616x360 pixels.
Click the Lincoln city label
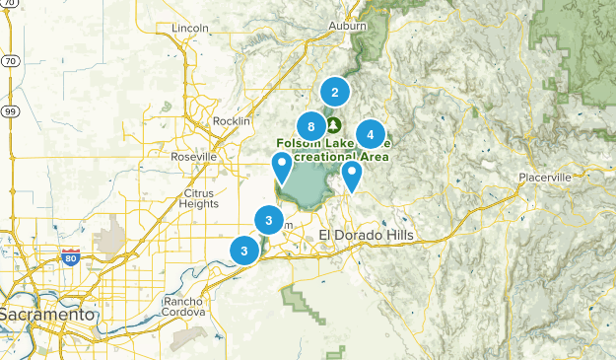pyautogui.click(x=190, y=28)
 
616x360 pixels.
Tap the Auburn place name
pyautogui.click(x=348, y=25)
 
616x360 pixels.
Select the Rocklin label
pyautogui.click(x=232, y=121)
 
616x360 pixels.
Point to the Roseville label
pyautogui.click(x=193, y=157)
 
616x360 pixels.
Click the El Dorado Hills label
pyautogui.click(x=367, y=234)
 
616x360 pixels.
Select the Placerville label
pyautogui.click(x=545, y=178)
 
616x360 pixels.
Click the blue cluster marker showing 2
pyautogui.click(x=335, y=93)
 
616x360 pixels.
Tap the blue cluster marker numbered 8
pyautogui.click(x=311, y=126)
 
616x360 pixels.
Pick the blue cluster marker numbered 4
pyautogui.click(x=371, y=134)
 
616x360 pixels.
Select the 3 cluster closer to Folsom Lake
pyautogui.click(x=268, y=220)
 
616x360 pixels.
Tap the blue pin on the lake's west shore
pyautogui.click(x=283, y=167)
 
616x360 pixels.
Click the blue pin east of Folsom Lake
pyautogui.click(x=351, y=175)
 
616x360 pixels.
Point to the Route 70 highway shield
pyautogui.click(x=10, y=61)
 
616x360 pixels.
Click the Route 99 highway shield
pyautogui.click(x=10, y=110)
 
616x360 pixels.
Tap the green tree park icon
pyautogui.click(x=333, y=125)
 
